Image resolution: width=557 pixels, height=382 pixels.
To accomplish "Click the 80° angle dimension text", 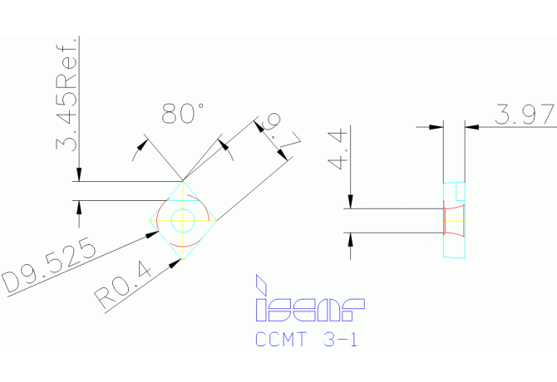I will pos(183,114).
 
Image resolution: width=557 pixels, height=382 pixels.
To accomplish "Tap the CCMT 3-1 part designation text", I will pos(306,340).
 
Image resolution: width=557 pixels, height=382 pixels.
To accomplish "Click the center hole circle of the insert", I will pos(182,221).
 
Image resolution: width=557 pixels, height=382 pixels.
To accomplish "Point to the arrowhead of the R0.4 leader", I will pos(176,262).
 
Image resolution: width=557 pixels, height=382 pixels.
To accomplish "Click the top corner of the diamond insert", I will pos(183,181).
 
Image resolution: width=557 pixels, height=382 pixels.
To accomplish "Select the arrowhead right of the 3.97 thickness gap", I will pos(471,126).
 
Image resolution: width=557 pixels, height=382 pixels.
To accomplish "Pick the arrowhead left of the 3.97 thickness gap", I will pos(436,126).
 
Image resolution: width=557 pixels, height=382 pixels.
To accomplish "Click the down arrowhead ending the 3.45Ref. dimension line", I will pos(79,174).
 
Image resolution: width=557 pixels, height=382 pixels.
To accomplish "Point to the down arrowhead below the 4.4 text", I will pos(350,203).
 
